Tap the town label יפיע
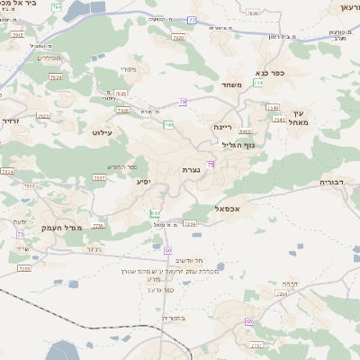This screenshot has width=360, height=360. click(x=143, y=182)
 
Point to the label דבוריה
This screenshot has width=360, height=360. click(x=337, y=182)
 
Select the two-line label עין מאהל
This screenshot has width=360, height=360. click(x=298, y=116)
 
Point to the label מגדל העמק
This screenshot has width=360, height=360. click(x=86, y=228)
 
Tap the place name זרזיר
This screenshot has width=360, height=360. click(x=9, y=120)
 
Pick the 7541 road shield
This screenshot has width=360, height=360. click(x=278, y=118)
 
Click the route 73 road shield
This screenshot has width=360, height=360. click(x=20, y=235)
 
